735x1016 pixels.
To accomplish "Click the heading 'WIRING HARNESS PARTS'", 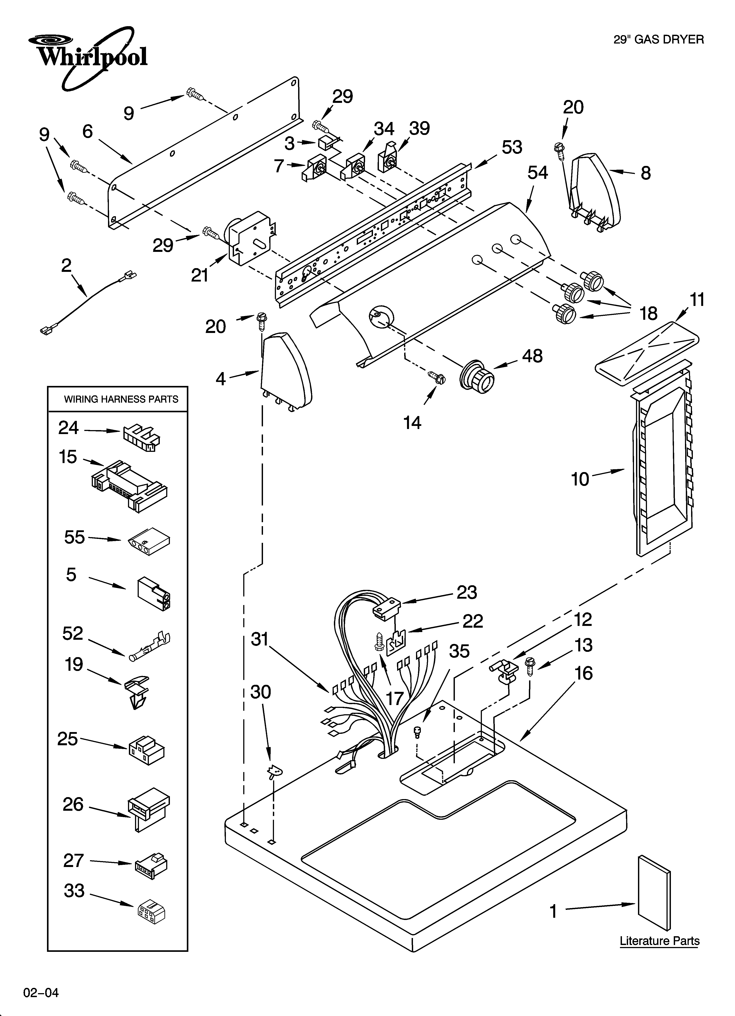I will [121, 399].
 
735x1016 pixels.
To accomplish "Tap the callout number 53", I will [512, 147].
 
